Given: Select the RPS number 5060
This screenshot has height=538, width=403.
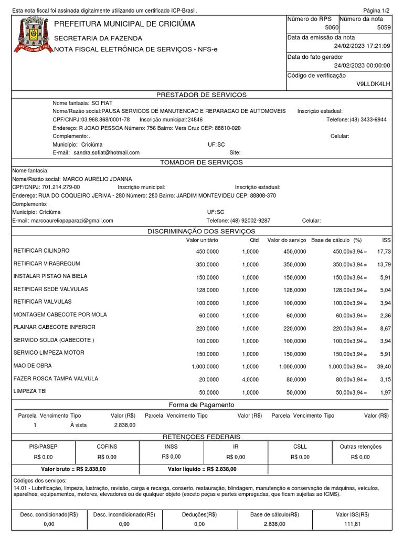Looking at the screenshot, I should [332, 27].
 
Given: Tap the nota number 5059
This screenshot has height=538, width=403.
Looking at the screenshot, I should [384, 27].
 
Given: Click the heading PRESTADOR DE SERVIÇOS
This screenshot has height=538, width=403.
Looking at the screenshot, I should [201, 95].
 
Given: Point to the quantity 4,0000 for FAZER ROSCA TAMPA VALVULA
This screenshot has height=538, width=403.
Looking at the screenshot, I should [250, 379].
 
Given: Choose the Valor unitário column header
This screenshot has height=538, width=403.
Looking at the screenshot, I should [202, 240].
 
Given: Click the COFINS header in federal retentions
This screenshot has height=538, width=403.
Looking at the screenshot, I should [107, 447].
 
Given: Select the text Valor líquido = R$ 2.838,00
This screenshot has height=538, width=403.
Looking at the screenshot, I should [202, 469].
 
